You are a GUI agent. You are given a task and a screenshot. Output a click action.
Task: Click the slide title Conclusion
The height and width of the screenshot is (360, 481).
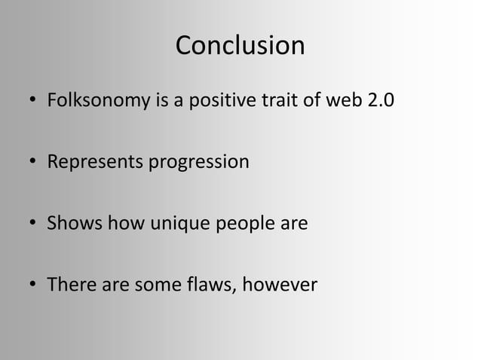click(240, 46)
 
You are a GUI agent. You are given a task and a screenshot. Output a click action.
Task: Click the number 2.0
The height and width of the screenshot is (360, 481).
click(378, 100)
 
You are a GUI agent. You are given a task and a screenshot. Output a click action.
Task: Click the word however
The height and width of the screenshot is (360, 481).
click(283, 285)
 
